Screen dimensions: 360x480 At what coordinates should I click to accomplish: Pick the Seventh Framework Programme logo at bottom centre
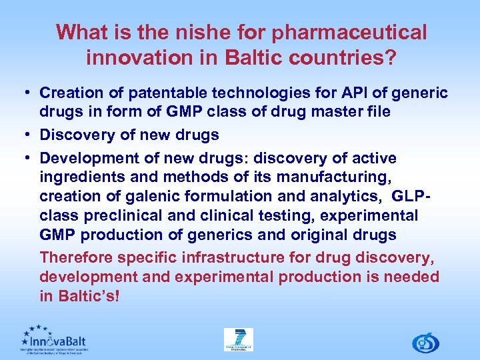(x=238, y=340)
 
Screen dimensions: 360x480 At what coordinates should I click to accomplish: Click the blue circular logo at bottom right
(x=425, y=343)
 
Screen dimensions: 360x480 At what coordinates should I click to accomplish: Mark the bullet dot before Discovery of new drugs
(x=29, y=135)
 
